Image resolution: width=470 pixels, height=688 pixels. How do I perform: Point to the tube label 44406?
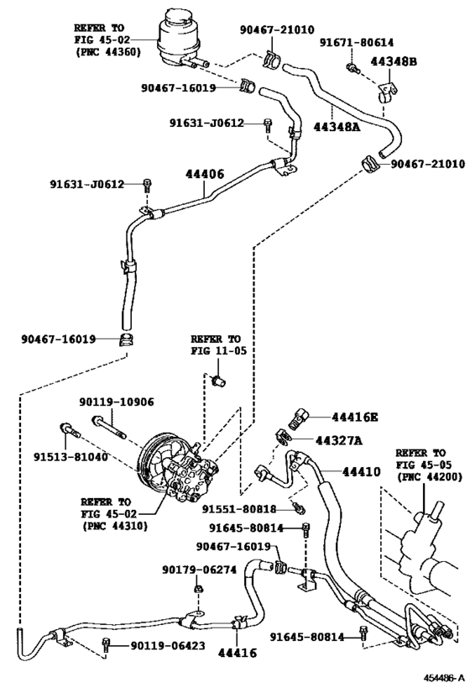(205, 174)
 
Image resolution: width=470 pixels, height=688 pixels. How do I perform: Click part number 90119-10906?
(117, 402)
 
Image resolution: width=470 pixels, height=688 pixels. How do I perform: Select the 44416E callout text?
(355, 417)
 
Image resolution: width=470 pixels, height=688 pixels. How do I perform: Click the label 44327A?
(339, 440)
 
